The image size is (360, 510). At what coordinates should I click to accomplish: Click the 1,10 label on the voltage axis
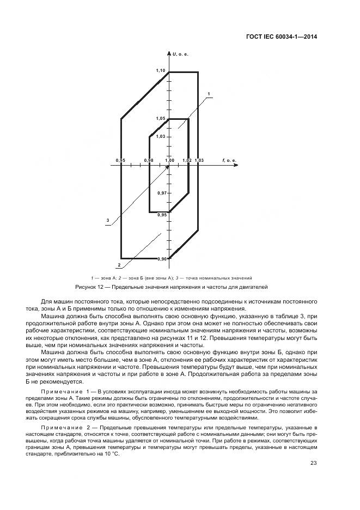tap(161, 71)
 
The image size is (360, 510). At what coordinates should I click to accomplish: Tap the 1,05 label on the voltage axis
tap(161, 118)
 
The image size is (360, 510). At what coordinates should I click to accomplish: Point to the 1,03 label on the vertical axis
tap(161, 137)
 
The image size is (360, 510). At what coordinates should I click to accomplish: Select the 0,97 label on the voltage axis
tap(162, 193)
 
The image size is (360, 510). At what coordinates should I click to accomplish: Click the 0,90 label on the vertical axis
tap(162, 259)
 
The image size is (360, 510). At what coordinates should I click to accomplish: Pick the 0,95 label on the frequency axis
tap(121, 160)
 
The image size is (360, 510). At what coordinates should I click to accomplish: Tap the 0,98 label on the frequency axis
tap(149, 160)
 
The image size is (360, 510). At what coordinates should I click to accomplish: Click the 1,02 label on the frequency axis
tap(187, 160)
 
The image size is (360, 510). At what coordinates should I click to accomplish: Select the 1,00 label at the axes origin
tap(169, 160)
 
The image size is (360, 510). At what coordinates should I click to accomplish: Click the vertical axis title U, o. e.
tap(180, 54)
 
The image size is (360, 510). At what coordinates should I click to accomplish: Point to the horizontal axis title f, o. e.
tap(229, 160)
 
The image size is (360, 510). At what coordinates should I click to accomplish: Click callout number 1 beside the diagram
tap(209, 93)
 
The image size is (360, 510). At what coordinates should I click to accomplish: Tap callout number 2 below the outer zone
tap(119, 264)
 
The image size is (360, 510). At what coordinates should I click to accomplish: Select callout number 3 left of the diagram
tap(108, 220)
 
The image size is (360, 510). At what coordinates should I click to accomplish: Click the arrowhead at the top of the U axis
tap(169, 52)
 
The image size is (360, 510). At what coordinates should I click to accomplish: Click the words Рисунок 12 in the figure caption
tap(87, 287)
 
